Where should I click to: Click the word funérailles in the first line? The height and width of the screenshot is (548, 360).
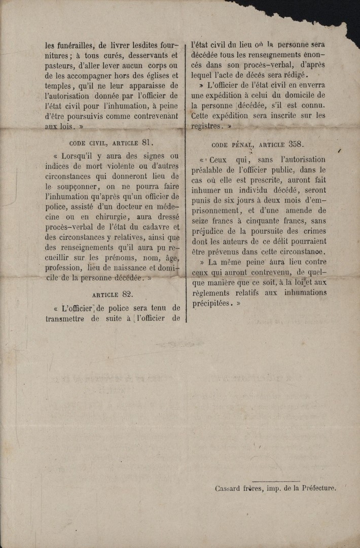[72, 45]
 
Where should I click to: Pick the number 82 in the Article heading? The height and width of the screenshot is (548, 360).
[128, 294]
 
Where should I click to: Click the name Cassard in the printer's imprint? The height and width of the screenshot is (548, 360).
[231, 488]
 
